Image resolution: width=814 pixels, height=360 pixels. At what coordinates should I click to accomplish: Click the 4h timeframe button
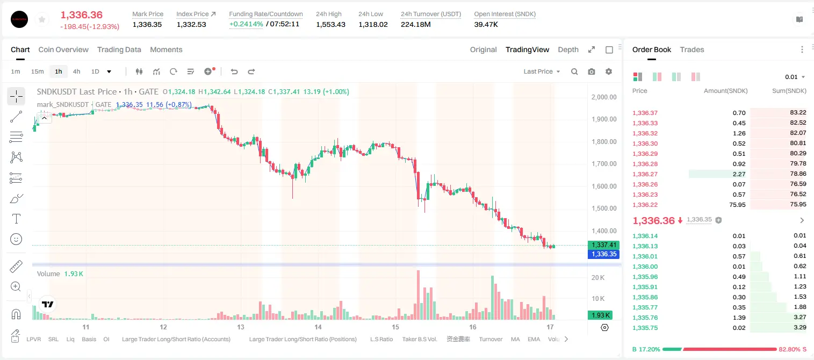click(76, 71)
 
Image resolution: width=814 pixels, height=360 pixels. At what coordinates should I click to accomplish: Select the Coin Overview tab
click(63, 49)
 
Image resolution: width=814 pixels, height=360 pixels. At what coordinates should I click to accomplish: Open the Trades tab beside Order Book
click(692, 49)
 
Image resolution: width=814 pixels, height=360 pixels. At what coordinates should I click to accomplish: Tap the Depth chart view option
click(568, 49)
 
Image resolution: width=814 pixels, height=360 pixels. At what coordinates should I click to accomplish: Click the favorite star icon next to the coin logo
click(42, 19)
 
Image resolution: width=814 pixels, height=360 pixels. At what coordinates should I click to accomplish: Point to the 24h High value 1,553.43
click(330, 24)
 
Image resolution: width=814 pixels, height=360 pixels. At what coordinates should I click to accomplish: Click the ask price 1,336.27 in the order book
click(645, 174)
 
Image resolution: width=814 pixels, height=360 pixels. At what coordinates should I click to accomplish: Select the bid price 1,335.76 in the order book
click(645, 318)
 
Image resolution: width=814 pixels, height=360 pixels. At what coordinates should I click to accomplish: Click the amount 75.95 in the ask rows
click(737, 205)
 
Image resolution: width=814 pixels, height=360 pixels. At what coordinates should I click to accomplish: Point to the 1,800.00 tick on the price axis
click(604, 142)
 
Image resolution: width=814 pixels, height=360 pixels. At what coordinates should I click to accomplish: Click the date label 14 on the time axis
click(318, 327)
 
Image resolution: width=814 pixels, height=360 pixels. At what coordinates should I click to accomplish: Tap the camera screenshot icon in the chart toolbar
click(592, 71)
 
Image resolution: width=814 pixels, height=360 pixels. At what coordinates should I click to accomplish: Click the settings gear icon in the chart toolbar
click(609, 71)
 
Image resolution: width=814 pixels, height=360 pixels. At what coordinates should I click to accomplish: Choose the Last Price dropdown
click(542, 71)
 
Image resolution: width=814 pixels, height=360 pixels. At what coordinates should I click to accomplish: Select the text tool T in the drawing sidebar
click(16, 219)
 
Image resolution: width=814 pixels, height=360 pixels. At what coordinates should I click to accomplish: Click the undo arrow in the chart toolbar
click(234, 71)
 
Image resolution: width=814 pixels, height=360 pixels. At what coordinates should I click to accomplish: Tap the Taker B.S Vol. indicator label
click(419, 339)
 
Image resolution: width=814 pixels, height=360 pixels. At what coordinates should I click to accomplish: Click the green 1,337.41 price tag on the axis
click(603, 245)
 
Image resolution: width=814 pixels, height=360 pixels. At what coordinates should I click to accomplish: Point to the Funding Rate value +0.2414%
click(246, 24)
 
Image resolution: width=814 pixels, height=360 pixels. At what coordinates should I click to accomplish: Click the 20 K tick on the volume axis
click(598, 278)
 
